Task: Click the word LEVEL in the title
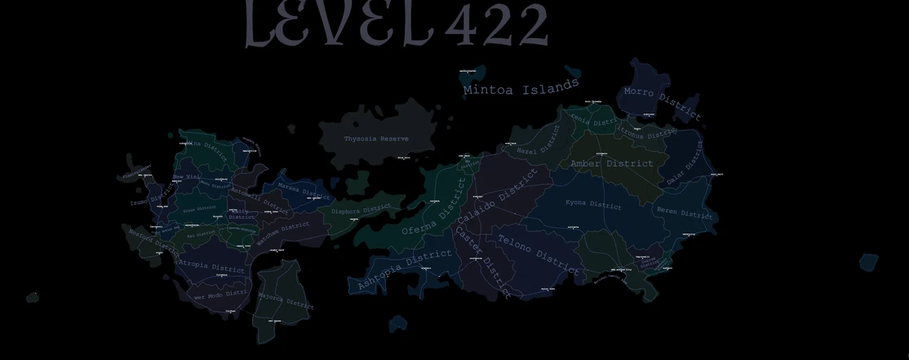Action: pos(339,24)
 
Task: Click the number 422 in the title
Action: pos(496,25)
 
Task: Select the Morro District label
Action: pos(662,104)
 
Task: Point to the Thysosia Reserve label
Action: pos(376,139)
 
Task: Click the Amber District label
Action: pos(612,163)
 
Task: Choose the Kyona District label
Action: pos(593,204)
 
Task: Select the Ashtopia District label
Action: pos(405,270)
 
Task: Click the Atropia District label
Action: pos(211,267)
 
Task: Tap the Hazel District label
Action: pos(538,145)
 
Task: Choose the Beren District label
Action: pos(685,212)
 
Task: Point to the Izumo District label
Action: pos(151,196)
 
